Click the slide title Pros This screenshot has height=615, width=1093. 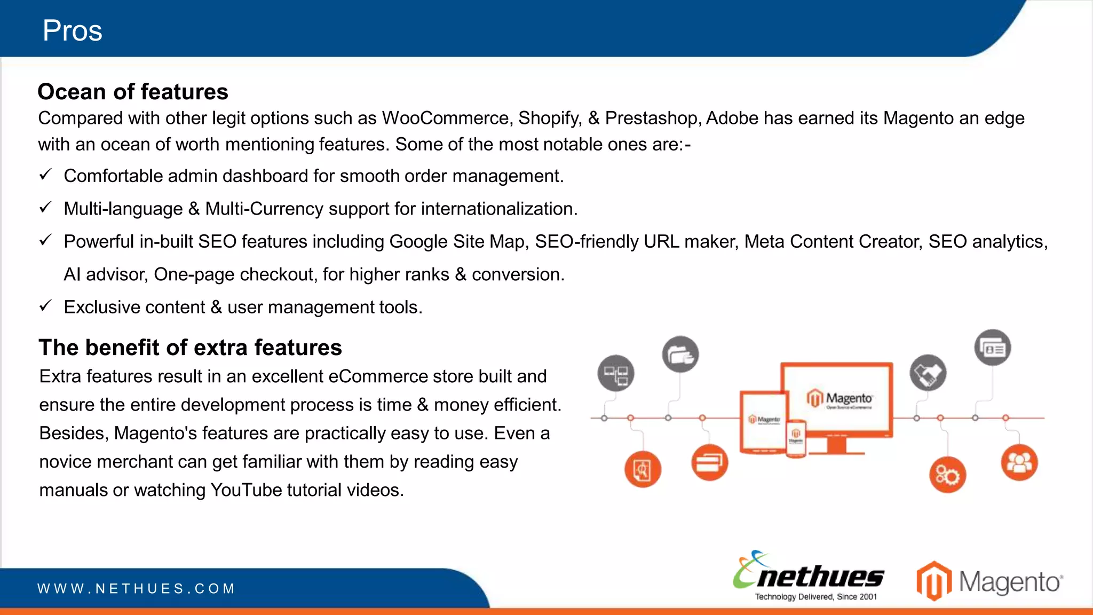point(72,30)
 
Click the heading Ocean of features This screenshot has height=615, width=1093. point(133,92)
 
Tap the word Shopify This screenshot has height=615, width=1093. point(550,118)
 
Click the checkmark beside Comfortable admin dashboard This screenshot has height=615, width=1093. point(45,175)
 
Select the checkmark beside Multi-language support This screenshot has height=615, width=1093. point(45,207)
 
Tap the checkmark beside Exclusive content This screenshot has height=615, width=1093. point(45,306)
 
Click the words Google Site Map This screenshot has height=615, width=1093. point(458,241)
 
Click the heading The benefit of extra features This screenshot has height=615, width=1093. point(190,348)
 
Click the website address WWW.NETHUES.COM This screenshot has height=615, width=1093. point(136,589)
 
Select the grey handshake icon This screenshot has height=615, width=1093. point(928,373)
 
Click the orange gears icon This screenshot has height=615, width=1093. point(947,475)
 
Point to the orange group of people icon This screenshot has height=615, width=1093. point(1019,462)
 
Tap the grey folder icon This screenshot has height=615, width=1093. point(680,354)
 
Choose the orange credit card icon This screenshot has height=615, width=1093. point(709,462)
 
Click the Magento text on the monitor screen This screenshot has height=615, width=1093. point(849,398)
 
